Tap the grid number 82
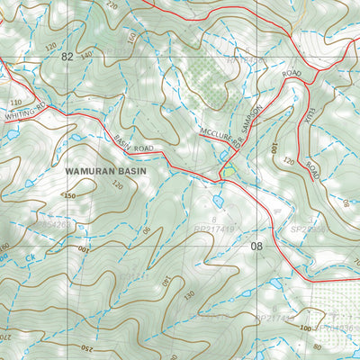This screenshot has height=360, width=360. tap(67, 57)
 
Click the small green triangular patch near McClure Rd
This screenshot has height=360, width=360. tap(231, 169)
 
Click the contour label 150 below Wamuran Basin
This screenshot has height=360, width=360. tap(69, 195)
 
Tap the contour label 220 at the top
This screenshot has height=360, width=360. tap(112, 4)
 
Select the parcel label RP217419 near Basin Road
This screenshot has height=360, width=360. tap(216, 230)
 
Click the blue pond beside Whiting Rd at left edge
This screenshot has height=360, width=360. tap(9, 134)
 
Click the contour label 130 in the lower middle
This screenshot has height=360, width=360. tap(186, 295)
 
